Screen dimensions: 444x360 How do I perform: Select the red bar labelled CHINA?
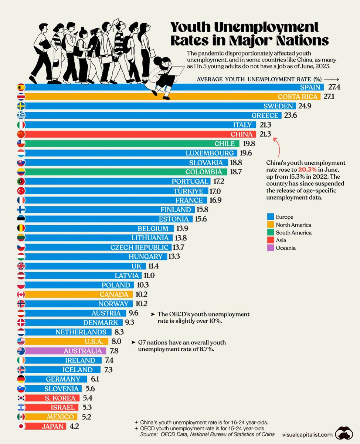point(148,134)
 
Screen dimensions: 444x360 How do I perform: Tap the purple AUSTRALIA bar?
point(67,351)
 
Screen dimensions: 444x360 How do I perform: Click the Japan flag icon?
point(21,426)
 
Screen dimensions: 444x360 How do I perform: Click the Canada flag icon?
point(21,295)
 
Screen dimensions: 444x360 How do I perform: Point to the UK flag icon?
point(21,266)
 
